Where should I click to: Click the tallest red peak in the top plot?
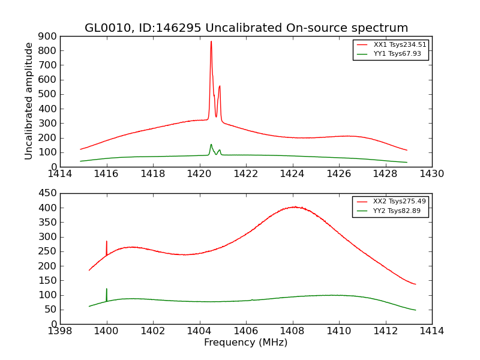click(x=211, y=42)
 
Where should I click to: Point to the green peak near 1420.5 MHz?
click(x=211, y=145)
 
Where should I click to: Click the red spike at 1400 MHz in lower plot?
click(x=107, y=242)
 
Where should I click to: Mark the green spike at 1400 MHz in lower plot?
click(x=107, y=289)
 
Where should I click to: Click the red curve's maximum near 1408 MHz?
click(x=294, y=207)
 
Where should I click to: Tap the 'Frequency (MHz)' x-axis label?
click(x=245, y=343)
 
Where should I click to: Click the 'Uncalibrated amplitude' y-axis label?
click(x=29, y=101)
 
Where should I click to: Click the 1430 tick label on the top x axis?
click(x=431, y=174)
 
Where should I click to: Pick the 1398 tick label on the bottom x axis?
click(x=61, y=331)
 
